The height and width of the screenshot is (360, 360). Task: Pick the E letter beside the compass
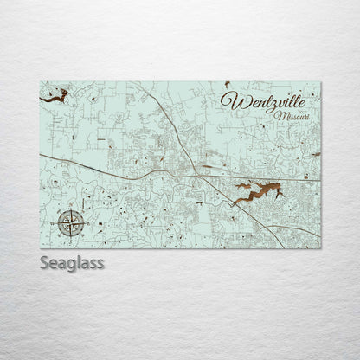point(84,224)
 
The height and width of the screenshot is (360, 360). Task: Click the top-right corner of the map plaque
point(320,82)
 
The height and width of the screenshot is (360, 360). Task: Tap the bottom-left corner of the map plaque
point(41,248)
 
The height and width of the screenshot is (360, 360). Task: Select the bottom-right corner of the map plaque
point(320,248)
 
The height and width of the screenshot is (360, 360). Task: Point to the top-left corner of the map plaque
point(41,82)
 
